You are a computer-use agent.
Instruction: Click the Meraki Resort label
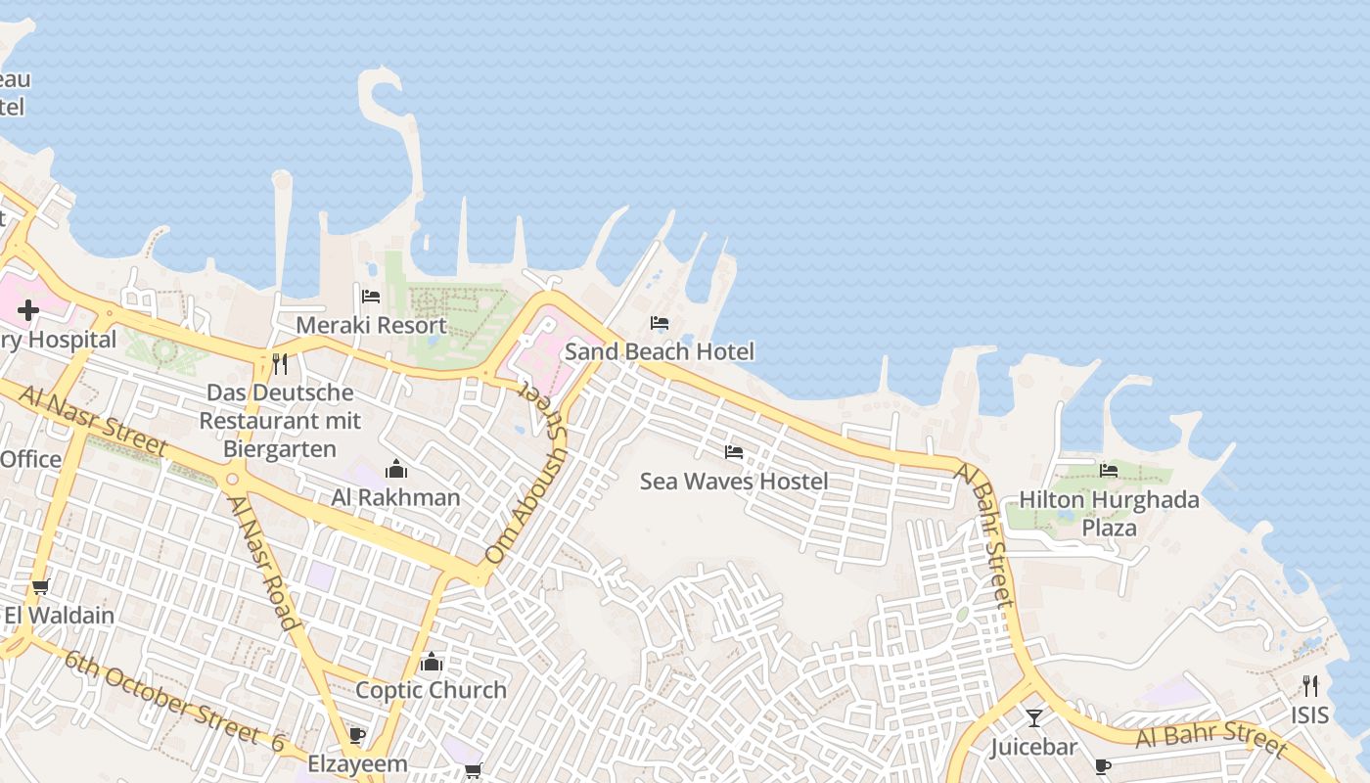coord(371,325)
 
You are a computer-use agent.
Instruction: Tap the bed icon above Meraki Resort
coord(371,297)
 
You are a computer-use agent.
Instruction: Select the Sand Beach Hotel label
coord(660,351)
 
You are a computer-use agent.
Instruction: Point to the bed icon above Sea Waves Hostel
coord(734,452)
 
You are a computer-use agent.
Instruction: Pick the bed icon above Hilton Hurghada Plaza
coord(1109,471)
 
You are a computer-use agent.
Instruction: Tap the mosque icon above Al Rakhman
coord(395,469)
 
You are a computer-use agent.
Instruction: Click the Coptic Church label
coord(431,690)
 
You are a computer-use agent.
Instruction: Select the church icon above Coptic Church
coord(432,663)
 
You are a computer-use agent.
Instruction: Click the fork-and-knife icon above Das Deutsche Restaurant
coord(280,364)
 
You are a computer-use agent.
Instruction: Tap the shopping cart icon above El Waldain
coord(40,587)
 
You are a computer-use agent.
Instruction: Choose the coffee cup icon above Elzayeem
coord(357,735)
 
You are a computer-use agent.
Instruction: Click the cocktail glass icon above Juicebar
coord(1033,718)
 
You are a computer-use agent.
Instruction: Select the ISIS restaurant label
coord(1309,714)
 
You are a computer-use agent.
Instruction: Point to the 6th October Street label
coord(162,696)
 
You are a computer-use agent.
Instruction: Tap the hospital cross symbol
coord(27,310)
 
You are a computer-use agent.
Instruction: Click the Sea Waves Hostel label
coord(734,482)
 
